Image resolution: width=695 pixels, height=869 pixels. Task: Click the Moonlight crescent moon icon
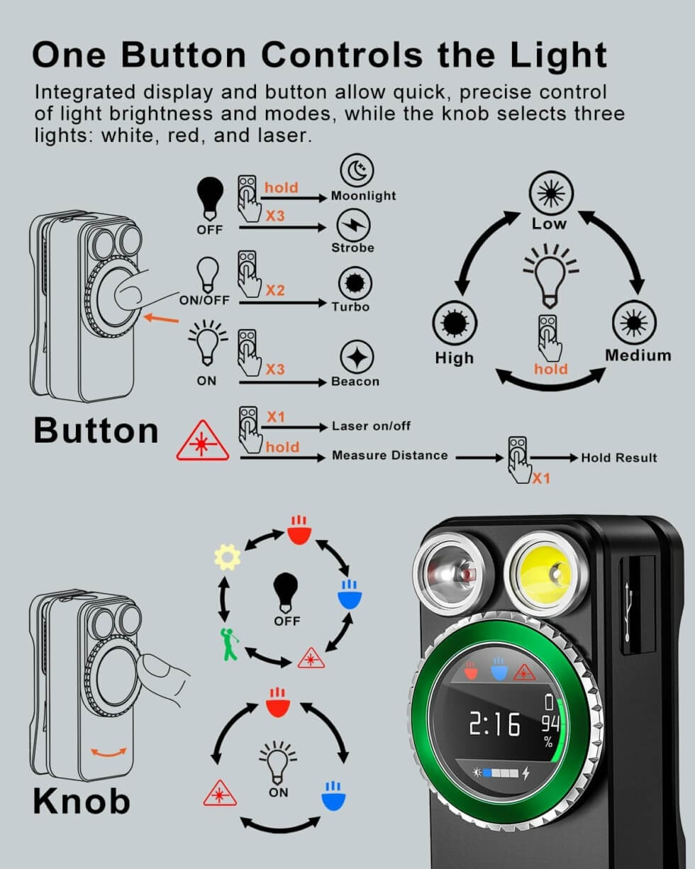point(357,172)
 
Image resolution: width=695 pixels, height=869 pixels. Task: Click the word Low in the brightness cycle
point(550,224)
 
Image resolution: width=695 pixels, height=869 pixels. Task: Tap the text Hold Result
point(618,458)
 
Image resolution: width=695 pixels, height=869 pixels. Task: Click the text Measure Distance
point(389,455)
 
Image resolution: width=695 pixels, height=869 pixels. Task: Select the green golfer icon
point(230,643)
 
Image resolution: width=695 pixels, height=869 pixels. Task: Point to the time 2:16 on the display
point(494,726)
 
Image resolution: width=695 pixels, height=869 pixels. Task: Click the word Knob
point(82,801)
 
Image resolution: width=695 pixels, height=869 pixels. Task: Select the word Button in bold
point(96,431)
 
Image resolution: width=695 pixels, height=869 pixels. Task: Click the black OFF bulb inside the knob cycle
point(287,591)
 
